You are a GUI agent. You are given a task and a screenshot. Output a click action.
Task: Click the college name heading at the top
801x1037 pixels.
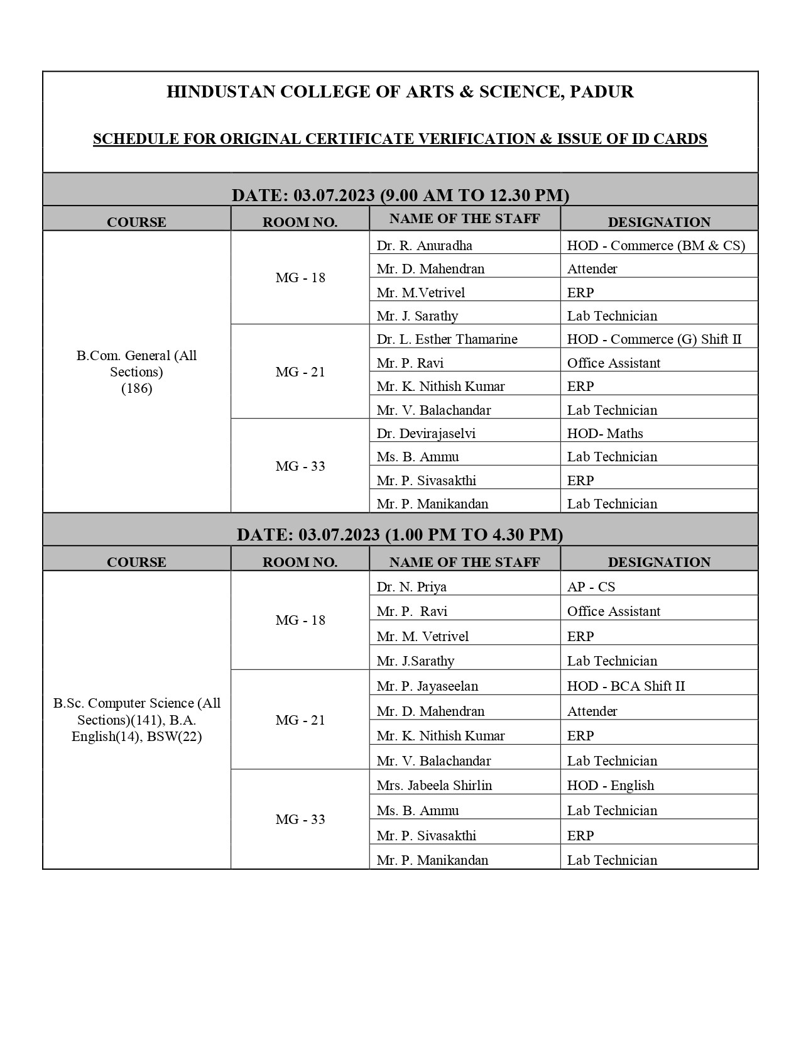(400, 92)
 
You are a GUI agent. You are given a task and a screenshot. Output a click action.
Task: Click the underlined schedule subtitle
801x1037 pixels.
(400, 139)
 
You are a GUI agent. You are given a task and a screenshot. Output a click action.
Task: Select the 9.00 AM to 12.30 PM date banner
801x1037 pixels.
(400, 195)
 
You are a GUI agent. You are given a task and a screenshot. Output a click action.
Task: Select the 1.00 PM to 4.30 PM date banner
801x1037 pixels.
(400, 534)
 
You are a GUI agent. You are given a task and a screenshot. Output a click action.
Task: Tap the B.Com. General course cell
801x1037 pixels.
(136, 371)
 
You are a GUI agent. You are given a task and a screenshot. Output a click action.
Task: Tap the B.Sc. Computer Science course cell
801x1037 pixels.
(136, 720)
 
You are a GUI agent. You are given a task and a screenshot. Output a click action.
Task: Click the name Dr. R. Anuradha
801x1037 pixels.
(424, 245)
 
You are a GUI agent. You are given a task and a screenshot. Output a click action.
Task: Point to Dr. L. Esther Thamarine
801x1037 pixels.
(447, 339)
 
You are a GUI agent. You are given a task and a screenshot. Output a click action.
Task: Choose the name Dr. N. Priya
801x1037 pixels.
(411, 586)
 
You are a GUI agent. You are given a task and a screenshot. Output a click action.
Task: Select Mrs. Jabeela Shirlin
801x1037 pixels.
(434, 785)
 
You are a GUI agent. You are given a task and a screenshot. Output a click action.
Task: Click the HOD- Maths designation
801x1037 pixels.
(605, 433)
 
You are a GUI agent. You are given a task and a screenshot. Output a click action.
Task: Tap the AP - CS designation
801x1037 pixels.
(591, 586)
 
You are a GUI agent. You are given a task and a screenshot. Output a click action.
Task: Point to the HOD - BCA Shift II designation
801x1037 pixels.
(626, 686)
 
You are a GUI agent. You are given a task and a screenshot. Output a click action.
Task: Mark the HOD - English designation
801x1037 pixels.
(610, 785)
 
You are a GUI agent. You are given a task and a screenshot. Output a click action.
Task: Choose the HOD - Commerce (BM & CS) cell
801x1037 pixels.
(656, 245)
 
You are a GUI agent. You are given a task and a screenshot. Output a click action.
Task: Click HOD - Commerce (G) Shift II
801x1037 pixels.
(654, 339)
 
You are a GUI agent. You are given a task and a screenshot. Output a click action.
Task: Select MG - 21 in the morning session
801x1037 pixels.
(300, 371)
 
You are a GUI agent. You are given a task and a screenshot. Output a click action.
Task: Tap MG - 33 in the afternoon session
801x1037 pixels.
(300, 819)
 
